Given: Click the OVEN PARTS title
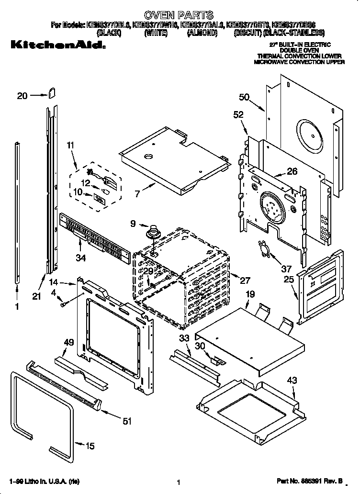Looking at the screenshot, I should pos(179,15).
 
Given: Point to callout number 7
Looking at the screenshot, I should pos(137,193).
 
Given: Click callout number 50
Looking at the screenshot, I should pos(244,97).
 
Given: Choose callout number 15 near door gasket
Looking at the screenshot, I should pos(90,446).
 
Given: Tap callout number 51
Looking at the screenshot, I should pos(126,421).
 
